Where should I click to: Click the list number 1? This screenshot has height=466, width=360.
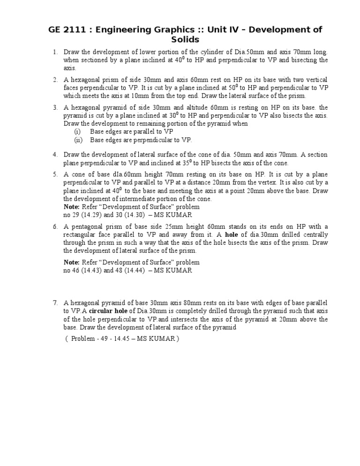pos(55,53)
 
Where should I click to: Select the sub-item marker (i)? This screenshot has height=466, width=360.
pos(78,132)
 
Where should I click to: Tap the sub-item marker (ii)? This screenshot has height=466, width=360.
pos(78,140)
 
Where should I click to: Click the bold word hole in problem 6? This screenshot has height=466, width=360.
pos(232,235)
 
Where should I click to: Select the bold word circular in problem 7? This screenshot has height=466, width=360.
pos(103,312)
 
